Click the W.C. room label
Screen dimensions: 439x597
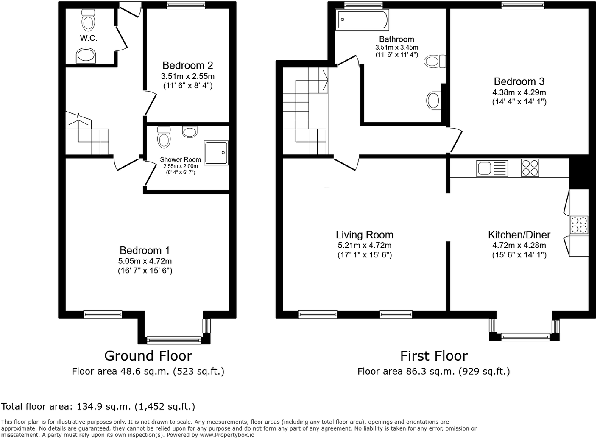coord(88,38)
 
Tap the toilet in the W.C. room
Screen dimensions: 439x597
coord(88,19)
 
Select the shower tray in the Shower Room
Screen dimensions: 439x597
coord(216,153)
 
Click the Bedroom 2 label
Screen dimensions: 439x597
coord(187,66)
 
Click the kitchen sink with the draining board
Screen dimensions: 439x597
coord(492,168)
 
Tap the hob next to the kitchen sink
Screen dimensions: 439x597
coord(530,168)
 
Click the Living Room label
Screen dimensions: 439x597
coord(364,235)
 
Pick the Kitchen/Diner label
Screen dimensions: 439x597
coord(519,235)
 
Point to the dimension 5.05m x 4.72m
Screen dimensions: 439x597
coord(145,261)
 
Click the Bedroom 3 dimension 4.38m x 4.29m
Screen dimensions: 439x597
coord(519,92)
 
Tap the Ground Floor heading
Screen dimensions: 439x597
coord(148,355)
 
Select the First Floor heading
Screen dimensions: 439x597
coord(434,355)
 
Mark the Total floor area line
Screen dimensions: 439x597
coord(98,407)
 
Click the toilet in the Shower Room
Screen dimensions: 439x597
coord(164,137)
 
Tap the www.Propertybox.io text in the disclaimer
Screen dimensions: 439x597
coord(227,435)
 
